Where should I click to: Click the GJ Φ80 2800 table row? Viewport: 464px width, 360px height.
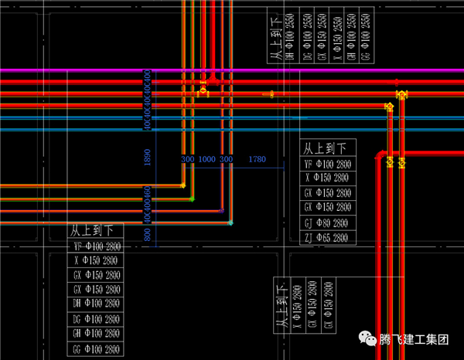(328, 223)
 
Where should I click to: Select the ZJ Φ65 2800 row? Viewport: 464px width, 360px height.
(328, 238)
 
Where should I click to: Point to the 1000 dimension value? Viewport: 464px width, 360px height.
(206, 159)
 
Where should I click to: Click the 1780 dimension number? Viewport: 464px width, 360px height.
(258, 159)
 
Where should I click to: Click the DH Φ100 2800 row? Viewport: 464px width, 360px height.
(96, 304)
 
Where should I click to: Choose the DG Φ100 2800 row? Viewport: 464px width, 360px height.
(96, 319)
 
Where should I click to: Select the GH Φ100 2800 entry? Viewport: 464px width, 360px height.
(96, 334)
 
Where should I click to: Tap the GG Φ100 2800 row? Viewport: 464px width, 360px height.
(96, 349)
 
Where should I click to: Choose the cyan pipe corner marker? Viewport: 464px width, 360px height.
(230, 223)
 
